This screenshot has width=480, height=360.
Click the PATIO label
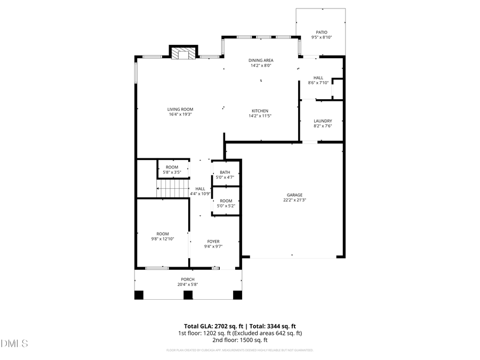pos(322,32)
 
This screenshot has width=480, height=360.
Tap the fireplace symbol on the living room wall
pos(183,53)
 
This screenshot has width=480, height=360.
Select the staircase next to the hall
pos(173,188)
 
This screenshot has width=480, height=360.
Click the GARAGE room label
pos(294,195)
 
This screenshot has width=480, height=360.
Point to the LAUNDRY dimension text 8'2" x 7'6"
pos(323,126)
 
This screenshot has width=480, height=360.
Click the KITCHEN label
pos(260,110)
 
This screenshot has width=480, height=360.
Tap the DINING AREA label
pos(261,60)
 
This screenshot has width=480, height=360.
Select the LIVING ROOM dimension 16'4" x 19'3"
pos(180,114)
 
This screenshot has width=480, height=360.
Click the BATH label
pos(225,172)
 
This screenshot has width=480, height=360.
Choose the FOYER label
pos(213,242)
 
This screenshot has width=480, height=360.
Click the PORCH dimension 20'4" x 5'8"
pos(187,284)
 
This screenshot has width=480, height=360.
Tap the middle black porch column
pos(187,294)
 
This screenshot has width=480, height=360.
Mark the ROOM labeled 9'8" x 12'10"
pos(163,234)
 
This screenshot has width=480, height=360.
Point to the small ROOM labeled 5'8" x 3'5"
pos(172,167)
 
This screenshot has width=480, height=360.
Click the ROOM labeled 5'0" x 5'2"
pos(226,201)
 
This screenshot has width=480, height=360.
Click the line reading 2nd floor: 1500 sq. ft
pos(240,340)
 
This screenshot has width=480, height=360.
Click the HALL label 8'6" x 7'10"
pos(318,78)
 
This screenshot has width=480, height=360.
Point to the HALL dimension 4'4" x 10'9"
pos(201,194)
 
